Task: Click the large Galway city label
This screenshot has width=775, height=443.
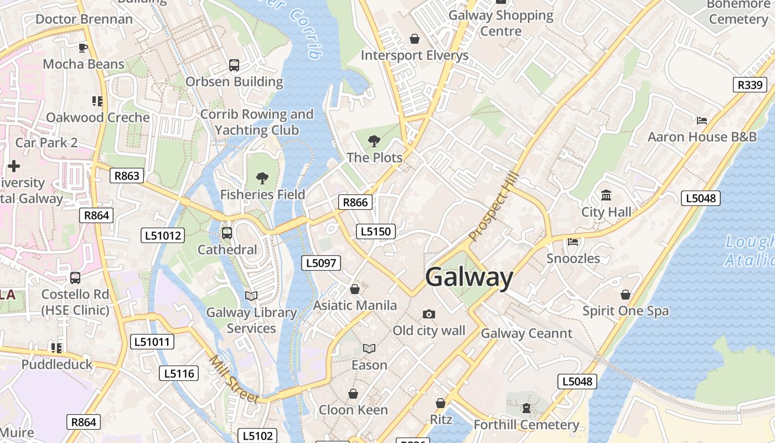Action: tap(469, 277)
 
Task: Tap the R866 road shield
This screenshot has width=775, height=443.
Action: tap(355, 202)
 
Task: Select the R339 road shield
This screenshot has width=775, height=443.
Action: tap(750, 85)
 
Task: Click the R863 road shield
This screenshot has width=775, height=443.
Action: tap(126, 176)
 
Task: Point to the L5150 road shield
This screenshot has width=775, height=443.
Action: tap(375, 231)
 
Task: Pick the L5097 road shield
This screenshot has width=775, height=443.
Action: tap(321, 263)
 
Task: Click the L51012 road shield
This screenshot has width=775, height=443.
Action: tap(163, 235)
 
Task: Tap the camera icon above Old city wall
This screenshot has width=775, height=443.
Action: tap(428, 315)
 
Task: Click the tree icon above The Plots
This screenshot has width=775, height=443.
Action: tap(374, 141)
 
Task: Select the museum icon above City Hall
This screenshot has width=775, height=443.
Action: tap(606, 195)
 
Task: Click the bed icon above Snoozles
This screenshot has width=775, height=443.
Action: tap(573, 242)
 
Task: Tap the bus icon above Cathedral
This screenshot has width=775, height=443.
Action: tap(227, 233)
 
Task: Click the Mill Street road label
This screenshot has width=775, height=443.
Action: tap(234, 379)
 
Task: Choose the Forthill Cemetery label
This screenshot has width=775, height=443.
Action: tap(526, 425)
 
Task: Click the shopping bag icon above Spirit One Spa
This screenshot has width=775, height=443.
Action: tap(626, 295)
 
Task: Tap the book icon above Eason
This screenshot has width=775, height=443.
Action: tap(369, 348)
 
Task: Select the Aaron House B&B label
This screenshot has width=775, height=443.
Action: tap(702, 137)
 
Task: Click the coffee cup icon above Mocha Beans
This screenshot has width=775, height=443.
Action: tap(83, 48)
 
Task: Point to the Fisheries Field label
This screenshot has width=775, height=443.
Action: tap(262, 194)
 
